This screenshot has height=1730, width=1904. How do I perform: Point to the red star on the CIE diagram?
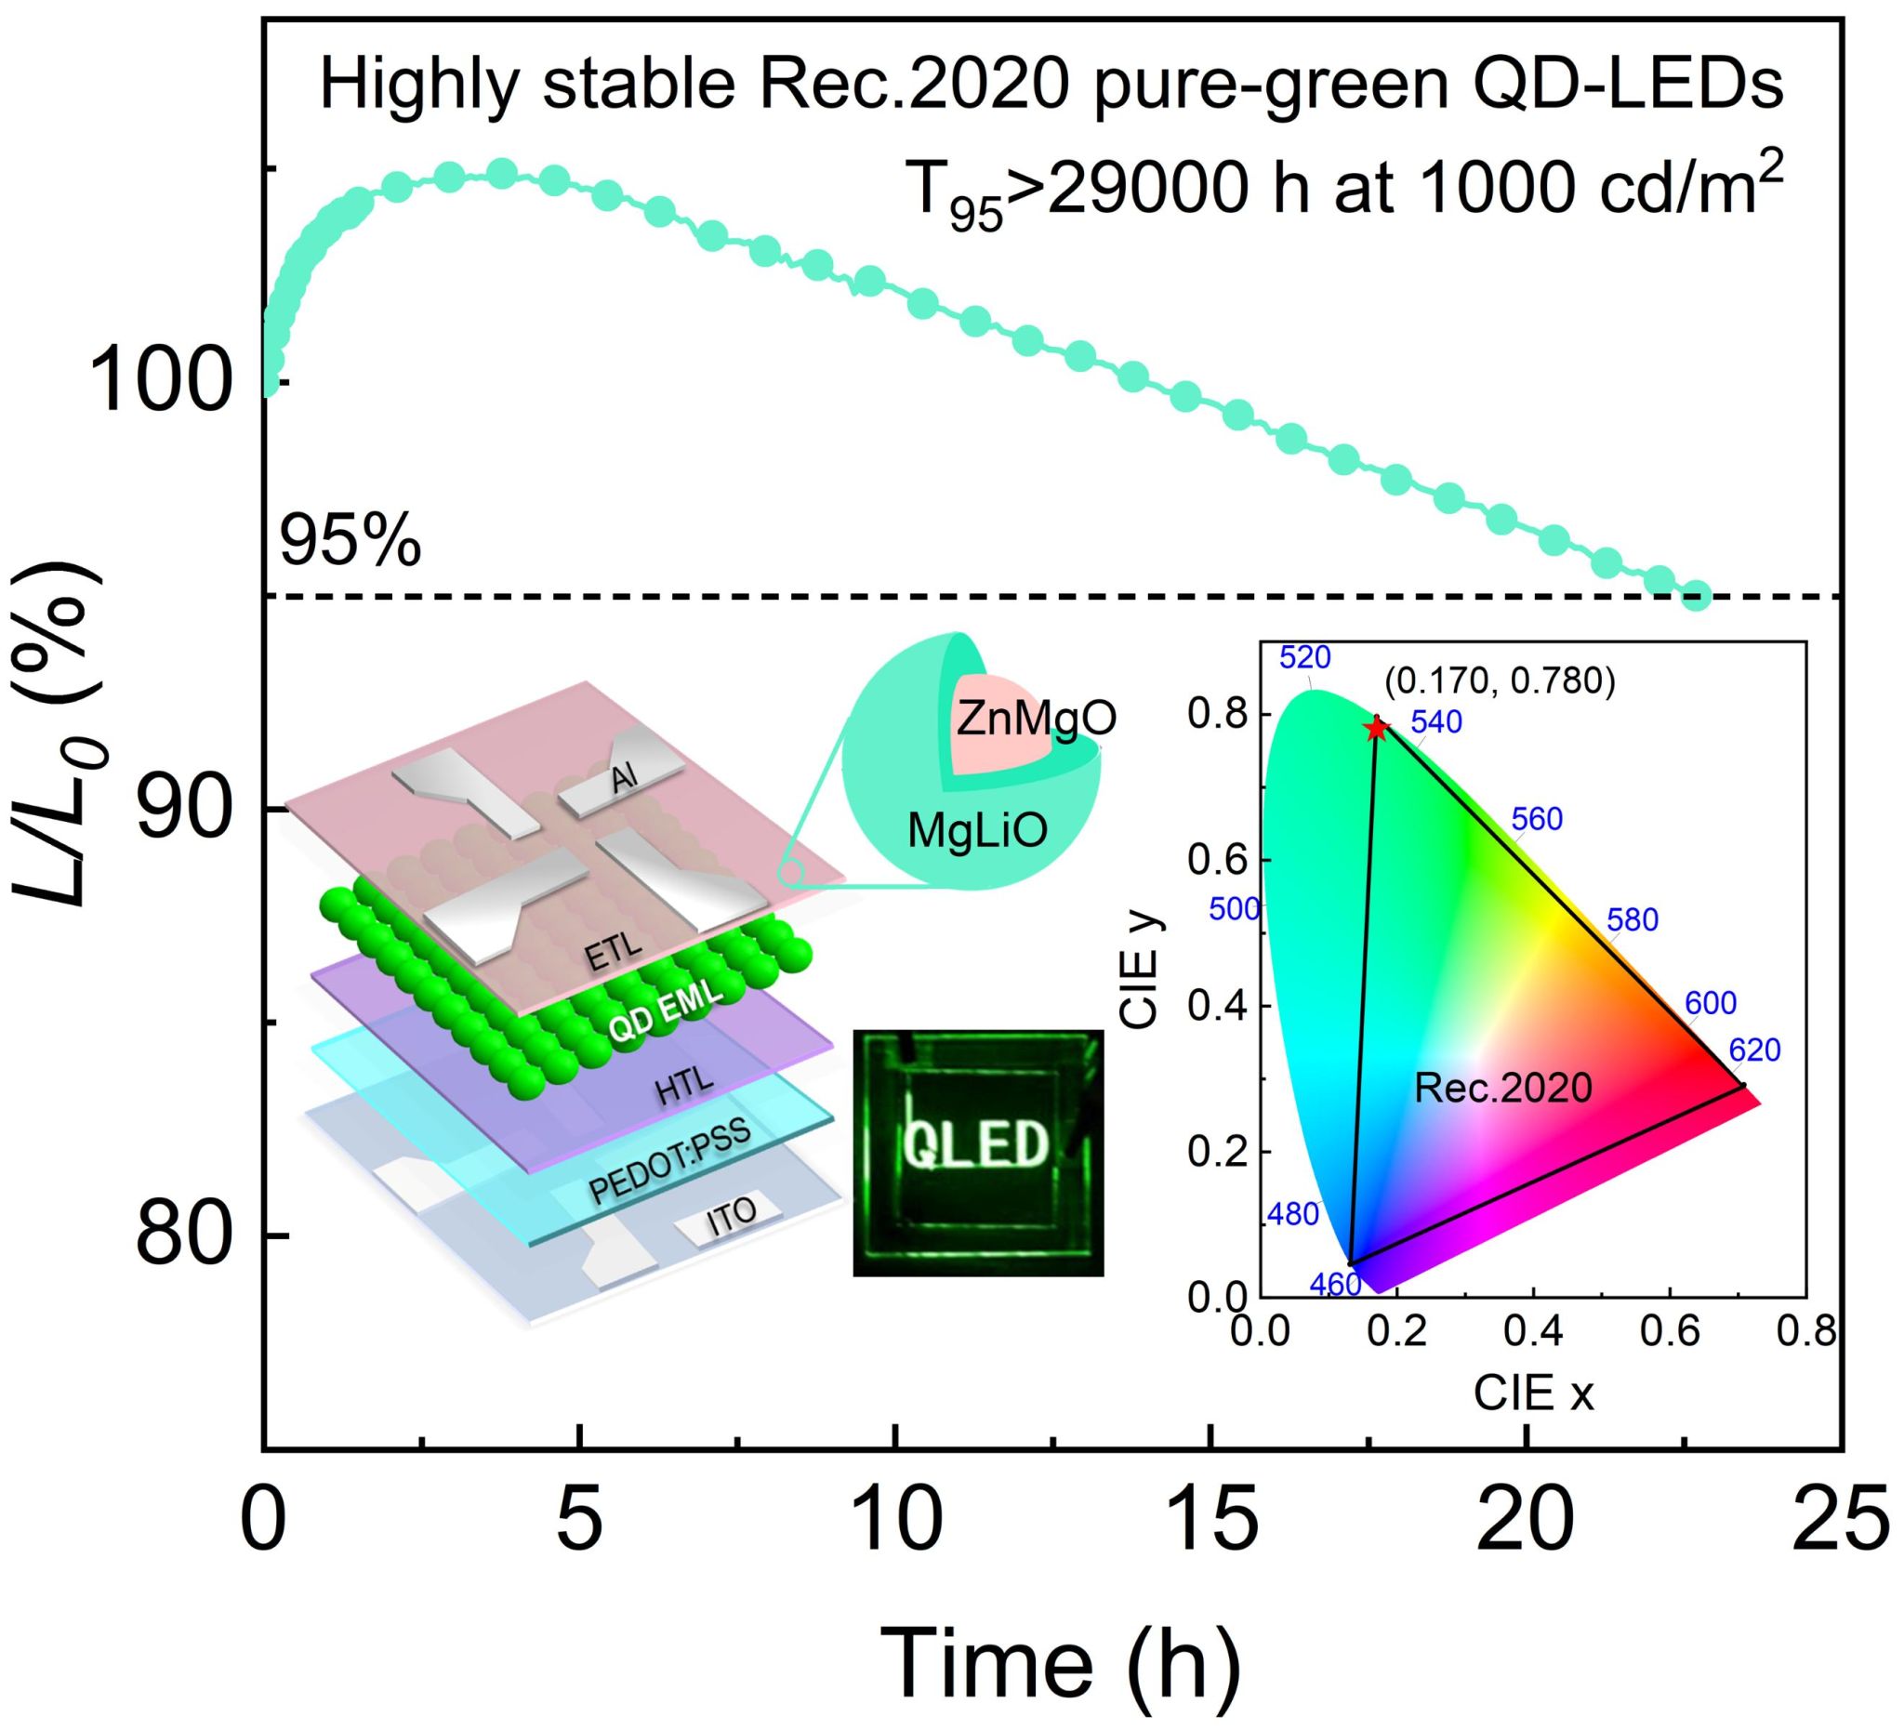1376,728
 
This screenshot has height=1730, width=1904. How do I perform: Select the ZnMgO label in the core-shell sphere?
1036,719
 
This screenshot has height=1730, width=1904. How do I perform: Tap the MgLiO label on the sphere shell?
977,832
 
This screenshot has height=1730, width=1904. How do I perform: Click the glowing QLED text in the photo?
975,1145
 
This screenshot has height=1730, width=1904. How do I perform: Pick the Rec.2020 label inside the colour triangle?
1502,1088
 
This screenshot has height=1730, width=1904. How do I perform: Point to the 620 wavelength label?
1753,1050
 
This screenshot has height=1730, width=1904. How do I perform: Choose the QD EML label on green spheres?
665,1011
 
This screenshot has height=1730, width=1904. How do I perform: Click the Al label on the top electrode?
624,778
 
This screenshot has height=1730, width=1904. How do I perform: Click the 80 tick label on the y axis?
184,1235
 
